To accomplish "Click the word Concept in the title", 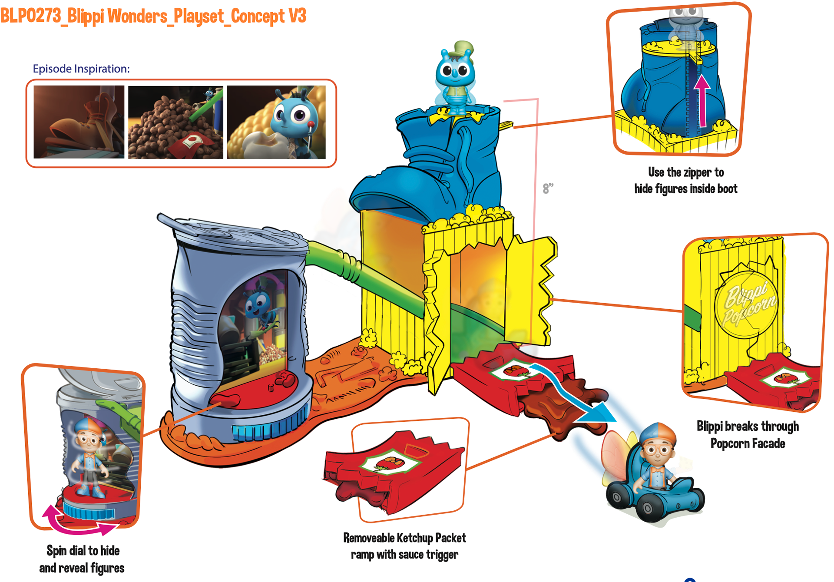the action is pyautogui.click(x=257, y=17).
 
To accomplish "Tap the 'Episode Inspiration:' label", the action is pyautogui.click(x=81, y=69).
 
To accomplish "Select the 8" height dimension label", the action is pyautogui.click(x=548, y=188).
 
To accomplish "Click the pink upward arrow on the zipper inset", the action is pyautogui.click(x=702, y=100).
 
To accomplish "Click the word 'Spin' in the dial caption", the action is pyautogui.click(x=56, y=551).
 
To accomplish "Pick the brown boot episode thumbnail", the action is pyautogui.click(x=79, y=122).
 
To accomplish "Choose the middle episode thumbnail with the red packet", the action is pyautogui.click(x=175, y=122).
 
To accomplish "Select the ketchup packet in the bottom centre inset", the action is pyautogui.click(x=393, y=469).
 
